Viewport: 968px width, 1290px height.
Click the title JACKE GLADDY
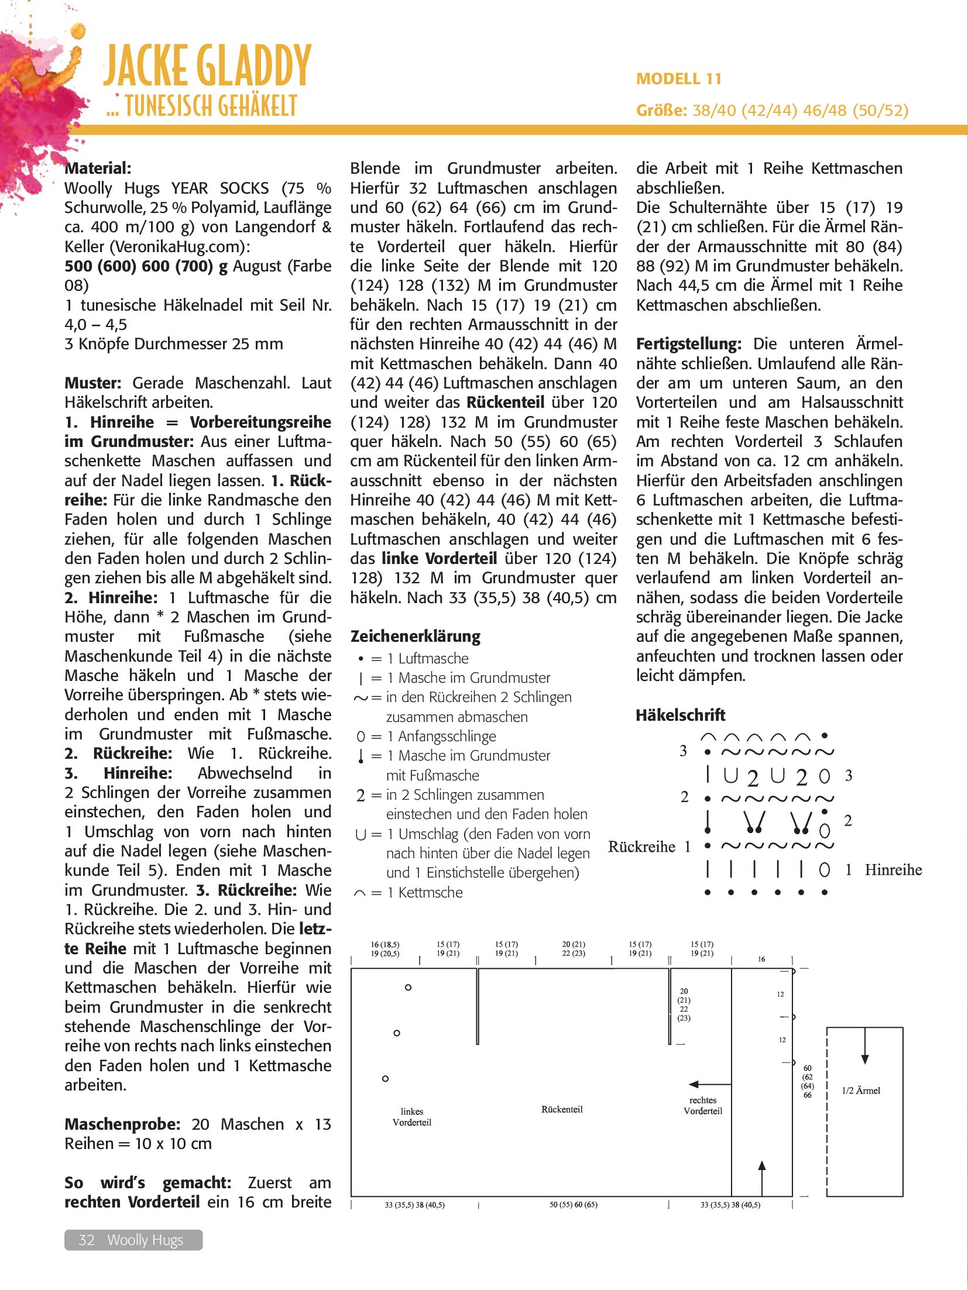tap(207, 66)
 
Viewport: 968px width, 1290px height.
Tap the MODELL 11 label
tap(678, 79)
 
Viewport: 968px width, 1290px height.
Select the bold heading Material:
tap(98, 168)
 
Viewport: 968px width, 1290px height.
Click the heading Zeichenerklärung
tap(415, 636)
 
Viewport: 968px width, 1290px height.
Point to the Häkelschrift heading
tap(680, 715)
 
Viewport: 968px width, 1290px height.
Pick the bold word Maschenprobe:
tap(122, 1124)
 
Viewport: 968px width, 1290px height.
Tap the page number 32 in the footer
tap(87, 1240)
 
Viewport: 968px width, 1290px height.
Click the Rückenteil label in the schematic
tap(562, 1109)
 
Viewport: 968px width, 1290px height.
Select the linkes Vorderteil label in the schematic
tap(412, 1117)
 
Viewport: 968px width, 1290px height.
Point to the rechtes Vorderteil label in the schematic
tap(703, 1106)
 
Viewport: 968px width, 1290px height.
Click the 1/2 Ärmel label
tap(861, 1091)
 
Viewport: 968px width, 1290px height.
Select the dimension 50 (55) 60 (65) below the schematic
tap(574, 1205)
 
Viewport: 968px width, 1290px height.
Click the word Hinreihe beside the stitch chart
tap(893, 870)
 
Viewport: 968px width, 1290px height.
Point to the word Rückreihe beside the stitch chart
tap(641, 847)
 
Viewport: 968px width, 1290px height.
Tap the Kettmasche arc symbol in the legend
tap(360, 893)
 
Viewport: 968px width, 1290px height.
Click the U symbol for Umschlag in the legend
tap(360, 835)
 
